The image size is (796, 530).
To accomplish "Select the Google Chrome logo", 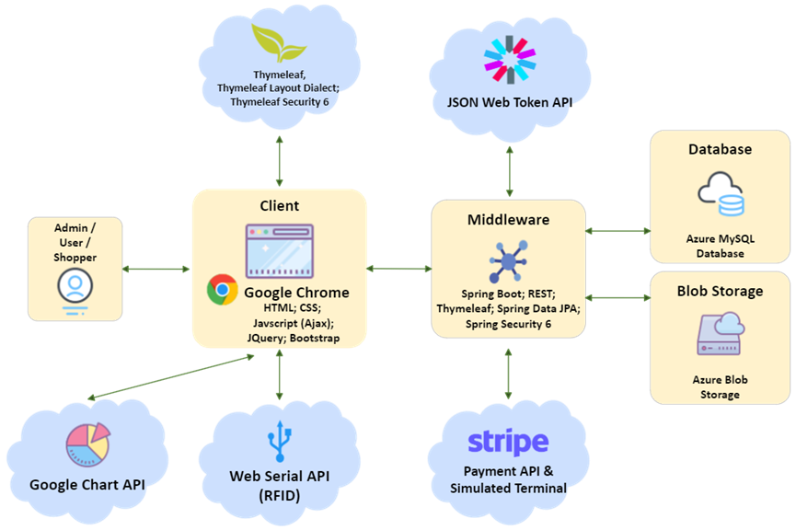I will tap(222, 291).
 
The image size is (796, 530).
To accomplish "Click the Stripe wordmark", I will tap(508, 443).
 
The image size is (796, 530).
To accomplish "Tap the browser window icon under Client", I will tap(280, 247).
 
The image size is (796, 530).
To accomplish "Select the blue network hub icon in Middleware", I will tap(508, 260).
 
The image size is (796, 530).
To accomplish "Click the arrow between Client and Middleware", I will tap(398, 269).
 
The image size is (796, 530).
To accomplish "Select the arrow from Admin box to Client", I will tap(156, 269).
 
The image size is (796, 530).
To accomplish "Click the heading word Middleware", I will tap(508, 220).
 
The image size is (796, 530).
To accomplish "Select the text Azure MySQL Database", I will tap(720, 246).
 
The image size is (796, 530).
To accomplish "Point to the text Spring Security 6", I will tap(508, 324).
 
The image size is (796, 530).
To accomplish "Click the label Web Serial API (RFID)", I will tap(279, 486).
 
